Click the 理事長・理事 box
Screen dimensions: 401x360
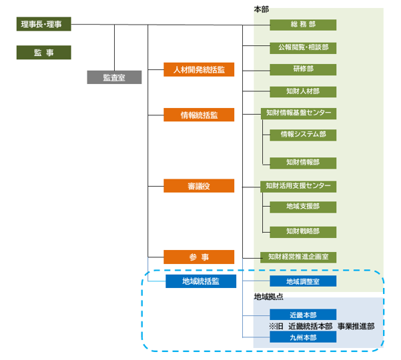pos(44,24)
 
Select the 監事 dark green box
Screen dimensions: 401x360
pos(44,53)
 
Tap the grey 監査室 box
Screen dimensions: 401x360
pos(114,77)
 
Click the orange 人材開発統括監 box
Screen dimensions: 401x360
pos(199,69)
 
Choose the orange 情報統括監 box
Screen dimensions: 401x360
pos(199,115)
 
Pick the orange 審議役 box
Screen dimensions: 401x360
pos(199,186)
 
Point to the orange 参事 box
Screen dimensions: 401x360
pos(199,257)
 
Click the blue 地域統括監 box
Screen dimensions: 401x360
pos(201,281)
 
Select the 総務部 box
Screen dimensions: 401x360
pos(303,25)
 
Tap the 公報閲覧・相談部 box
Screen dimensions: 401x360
pos(303,48)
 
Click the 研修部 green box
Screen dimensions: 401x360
pos(303,69)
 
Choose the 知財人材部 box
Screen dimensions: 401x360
pos(303,92)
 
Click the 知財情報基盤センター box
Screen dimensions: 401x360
pos(298,113)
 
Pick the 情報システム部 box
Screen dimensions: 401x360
pos(303,135)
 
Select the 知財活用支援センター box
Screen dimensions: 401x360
pos(298,187)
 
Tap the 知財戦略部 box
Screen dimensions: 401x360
pos(303,232)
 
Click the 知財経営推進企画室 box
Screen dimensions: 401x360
pos(298,257)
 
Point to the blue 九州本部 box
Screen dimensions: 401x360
pos(303,337)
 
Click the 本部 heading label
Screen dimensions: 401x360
pos(261,9)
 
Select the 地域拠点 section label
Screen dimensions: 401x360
pos(268,297)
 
